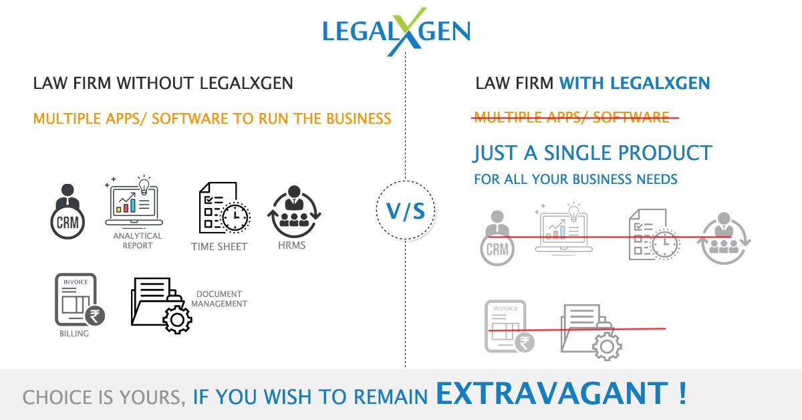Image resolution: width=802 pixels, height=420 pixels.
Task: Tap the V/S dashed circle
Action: (x=406, y=211)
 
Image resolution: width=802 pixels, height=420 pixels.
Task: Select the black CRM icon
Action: (x=68, y=212)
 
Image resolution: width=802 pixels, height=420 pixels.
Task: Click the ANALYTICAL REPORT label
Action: (x=137, y=241)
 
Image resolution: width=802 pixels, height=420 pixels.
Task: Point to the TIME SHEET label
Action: (x=219, y=247)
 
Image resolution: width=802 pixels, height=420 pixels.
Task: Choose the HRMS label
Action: (x=292, y=245)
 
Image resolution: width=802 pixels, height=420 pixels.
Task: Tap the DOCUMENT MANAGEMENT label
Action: (x=221, y=299)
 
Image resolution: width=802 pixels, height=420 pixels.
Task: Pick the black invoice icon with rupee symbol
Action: (x=78, y=299)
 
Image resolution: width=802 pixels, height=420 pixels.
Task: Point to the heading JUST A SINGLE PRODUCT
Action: (x=592, y=152)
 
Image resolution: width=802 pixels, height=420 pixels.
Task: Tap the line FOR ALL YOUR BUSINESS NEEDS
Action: (x=575, y=179)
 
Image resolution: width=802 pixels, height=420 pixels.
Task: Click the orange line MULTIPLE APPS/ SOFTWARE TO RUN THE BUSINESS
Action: (x=212, y=119)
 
